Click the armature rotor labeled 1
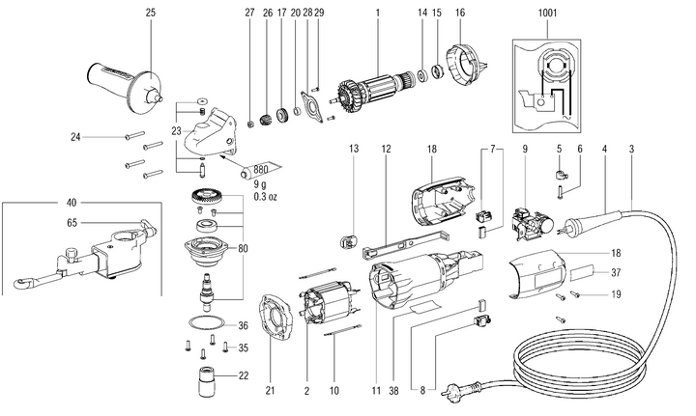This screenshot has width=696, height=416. tap(372, 83)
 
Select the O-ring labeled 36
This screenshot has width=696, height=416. tap(202, 324)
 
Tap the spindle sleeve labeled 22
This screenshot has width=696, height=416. tap(203, 374)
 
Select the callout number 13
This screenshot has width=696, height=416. tap(353, 149)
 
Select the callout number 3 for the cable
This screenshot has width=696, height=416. tap(632, 149)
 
